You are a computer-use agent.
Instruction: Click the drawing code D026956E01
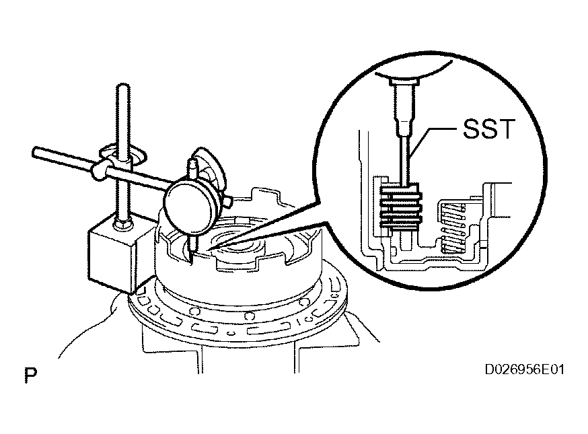(x=524, y=369)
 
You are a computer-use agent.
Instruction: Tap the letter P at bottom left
(x=31, y=375)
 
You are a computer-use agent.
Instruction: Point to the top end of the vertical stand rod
(x=123, y=85)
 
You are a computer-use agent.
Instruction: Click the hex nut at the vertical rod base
(x=123, y=224)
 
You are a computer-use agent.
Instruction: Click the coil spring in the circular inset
(x=453, y=227)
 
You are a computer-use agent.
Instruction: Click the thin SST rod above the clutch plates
(x=405, y=161)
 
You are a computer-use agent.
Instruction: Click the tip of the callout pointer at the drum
(x=207, y=250)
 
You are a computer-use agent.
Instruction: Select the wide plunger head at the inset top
(x=403, y=81)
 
